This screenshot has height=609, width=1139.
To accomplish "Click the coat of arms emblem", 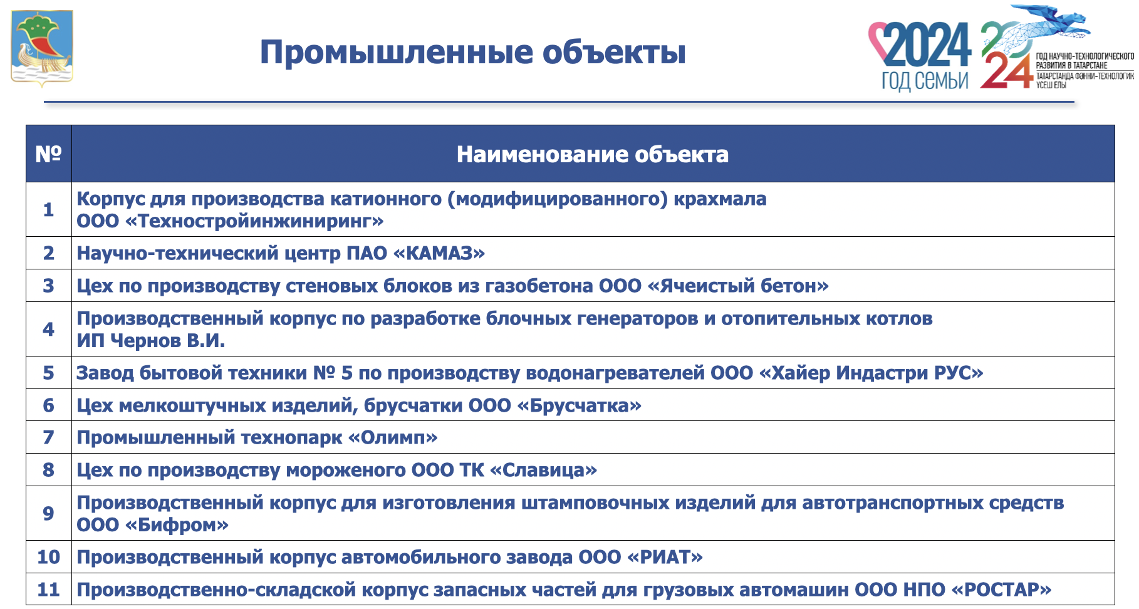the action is point(42,48).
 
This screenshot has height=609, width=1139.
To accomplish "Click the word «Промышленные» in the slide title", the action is point(396,53).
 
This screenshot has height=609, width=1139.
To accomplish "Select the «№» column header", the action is point(48,154).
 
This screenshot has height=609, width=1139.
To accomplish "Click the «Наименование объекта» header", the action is point(593,154).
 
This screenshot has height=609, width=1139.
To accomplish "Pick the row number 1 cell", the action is point(48,209).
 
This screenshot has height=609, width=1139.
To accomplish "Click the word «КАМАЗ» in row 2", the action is point(439,253).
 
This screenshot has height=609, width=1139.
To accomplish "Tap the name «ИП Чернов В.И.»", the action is point(151,340).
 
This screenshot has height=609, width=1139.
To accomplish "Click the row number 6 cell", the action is point(48,405).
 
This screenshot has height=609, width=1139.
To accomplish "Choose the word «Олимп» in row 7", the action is point(393,437).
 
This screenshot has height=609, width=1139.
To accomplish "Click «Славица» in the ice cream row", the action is point(543,470).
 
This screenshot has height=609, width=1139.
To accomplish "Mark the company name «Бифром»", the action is point(177,524).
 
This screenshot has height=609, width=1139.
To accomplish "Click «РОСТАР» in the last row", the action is point(1001,590).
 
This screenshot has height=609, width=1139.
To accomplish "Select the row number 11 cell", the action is point(48,590).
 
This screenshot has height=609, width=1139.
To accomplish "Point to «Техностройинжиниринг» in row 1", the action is point(261,221).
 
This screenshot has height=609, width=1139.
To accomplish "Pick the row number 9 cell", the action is point(48,513).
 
